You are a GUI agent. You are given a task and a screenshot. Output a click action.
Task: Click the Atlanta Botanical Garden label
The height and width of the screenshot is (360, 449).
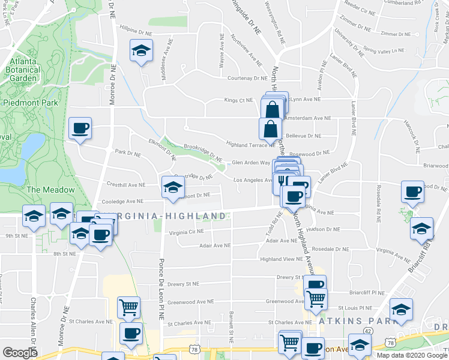[x=23, y=70]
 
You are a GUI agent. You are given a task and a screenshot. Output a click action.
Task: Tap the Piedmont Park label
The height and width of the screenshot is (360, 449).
[x=31, y=103]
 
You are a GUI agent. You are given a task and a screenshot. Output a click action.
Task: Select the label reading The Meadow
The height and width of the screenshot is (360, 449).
[x=50, y=190]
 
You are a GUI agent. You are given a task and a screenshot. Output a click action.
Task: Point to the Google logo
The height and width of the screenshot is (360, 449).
[x=20, y=353]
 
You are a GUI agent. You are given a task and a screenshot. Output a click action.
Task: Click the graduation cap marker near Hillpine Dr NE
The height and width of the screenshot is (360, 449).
[x=141, y=51]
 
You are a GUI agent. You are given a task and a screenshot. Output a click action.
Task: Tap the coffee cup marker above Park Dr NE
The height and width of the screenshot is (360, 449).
[x=80, y=128]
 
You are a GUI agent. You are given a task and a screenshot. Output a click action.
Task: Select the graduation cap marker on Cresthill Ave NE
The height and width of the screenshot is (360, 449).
[x=172, y=187]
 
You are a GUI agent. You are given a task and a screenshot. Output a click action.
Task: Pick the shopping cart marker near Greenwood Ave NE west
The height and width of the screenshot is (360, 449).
[x=128, y=308]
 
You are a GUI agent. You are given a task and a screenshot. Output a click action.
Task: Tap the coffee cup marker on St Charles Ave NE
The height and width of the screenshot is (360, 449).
[x=130, y=334]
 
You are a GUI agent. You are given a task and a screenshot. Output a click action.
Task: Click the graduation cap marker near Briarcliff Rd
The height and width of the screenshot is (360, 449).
[x=422, y=229]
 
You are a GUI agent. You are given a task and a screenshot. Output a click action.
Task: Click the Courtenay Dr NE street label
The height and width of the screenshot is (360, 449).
[x=247, y=78]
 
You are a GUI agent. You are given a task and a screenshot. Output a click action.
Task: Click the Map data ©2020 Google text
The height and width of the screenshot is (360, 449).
[x=411, y=355]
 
